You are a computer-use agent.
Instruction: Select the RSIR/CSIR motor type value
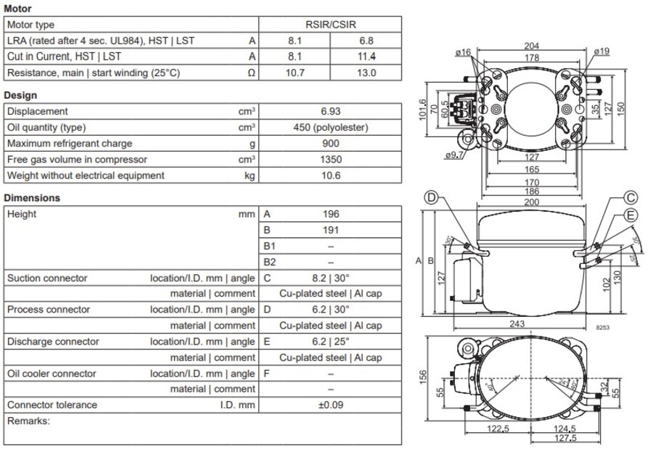tap(330, 25)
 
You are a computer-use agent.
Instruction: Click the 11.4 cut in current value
tap(366, 57)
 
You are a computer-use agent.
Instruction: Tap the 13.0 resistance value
tap(366, 73)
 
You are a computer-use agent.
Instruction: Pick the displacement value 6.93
tap(330, 112)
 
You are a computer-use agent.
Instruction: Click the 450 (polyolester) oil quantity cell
tap(330, 128)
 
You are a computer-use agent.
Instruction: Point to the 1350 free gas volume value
tap(330, 160)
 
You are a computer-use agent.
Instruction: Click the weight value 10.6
tap(330, 176)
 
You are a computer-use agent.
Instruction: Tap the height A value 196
tap(330, 215)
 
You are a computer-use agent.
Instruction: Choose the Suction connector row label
tap(47, 278)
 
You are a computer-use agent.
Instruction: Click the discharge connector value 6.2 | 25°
tap(330, 342)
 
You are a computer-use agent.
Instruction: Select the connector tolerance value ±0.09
tap(330, 405)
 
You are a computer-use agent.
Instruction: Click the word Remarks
tap(28, 421)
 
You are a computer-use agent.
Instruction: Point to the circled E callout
tap(631, 215)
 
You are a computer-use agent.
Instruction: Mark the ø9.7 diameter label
tap(455, 155)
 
